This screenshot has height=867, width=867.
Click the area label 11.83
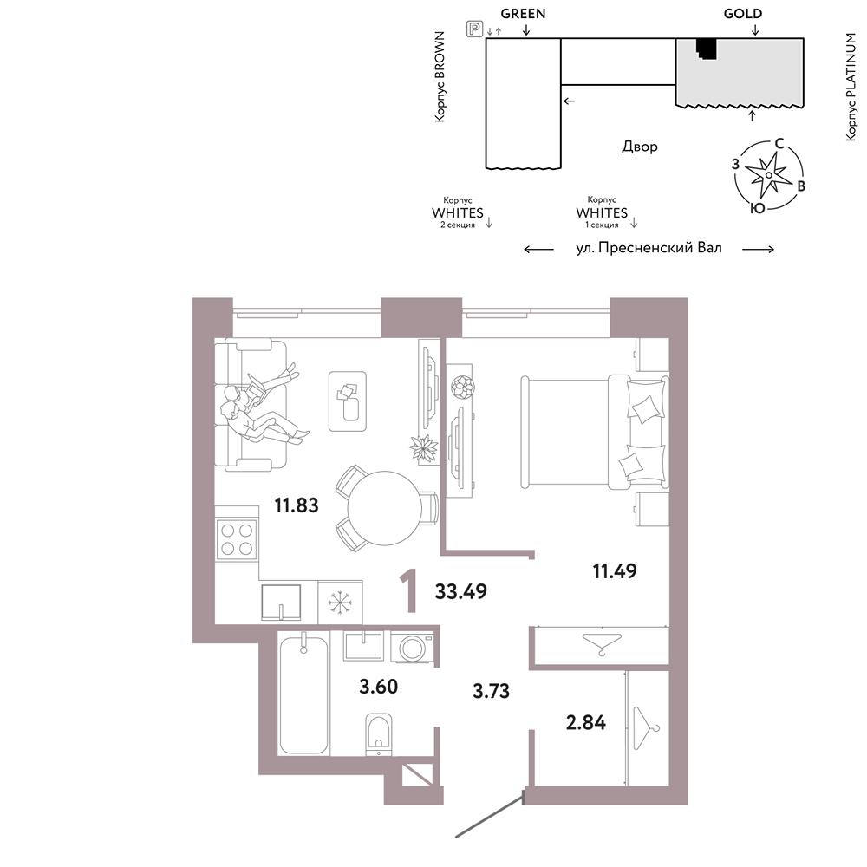pyautogui.click(x=297, y=505)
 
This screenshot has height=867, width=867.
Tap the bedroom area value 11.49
pyautogui.click(x=615, y=570)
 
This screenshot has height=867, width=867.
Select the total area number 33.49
pyautogui.click(x=460, y=591)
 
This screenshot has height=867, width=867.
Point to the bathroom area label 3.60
pyautogui.click(x=378, y=687)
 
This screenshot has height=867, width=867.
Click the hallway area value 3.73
pyautogui.click(x=491, y=691)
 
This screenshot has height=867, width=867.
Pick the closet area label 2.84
pyautogui.click(x=585, y=723)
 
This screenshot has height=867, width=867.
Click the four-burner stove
pyautogui.click(x=237, y=539)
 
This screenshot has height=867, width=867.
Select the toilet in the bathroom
pyautogui.click(x=379, y=734)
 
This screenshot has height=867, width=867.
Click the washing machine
pyautogui.click(x=411, y=648)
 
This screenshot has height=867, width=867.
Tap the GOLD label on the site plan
pyautogui.click(x=743, y=14)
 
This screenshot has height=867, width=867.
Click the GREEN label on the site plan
pyautogui.click(x=523, y=14)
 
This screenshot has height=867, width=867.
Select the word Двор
pyautogui.click(x=640, y=147)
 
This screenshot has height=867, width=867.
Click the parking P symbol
pyautogui.click(x=474, y=29)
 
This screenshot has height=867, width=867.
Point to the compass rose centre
pyautogui.click(x=768, y=175)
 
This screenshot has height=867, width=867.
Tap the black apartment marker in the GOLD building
pyautogui.click(x=706, y=48)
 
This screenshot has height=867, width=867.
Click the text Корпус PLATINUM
pyautogui.click(x=851, y=87)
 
